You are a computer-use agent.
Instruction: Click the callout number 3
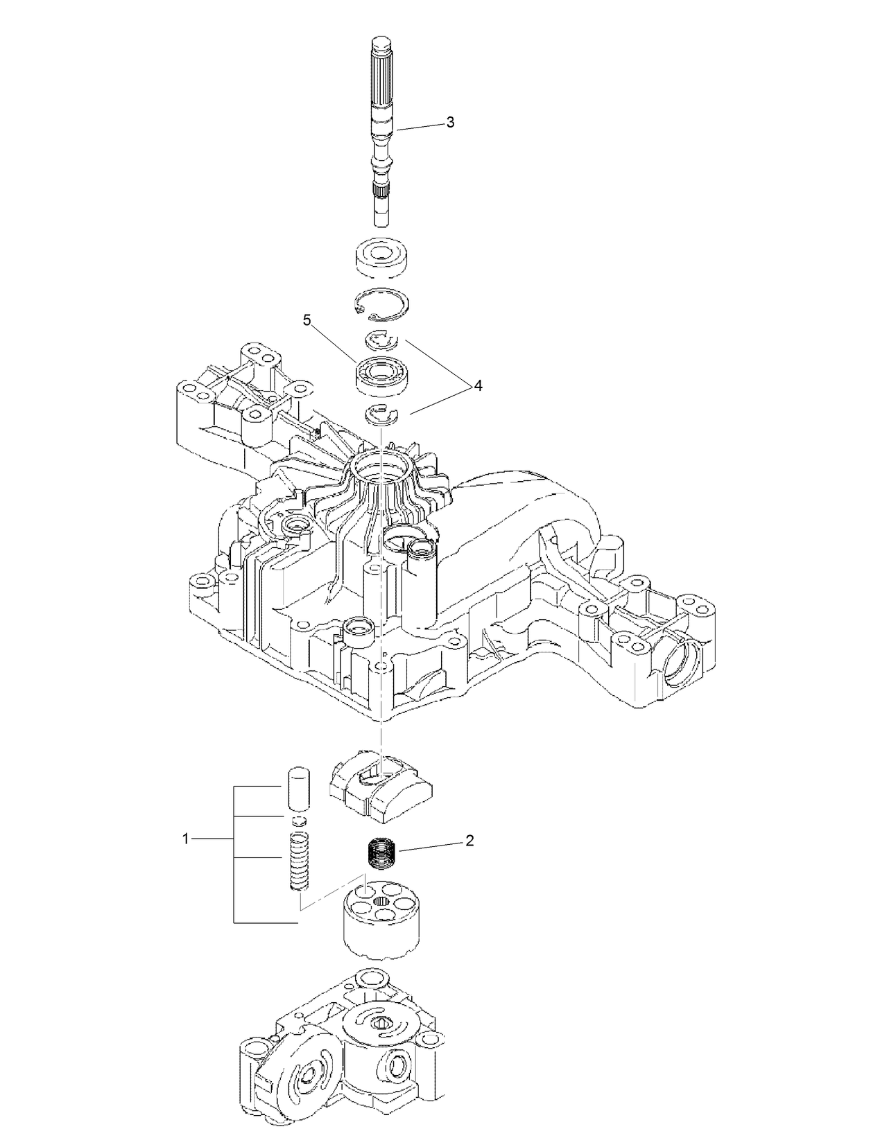click(x=450, y=123)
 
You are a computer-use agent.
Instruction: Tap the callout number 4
click(x=478, y=386)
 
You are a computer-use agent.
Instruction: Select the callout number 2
click(x=469, y=841)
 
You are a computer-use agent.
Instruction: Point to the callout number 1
click(x=185, y=839)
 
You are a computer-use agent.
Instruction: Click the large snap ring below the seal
click(x=381, y=305)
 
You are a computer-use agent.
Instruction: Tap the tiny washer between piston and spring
click(x=298, y=821)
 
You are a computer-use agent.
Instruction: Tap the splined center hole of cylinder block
click(x=381, y=901)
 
